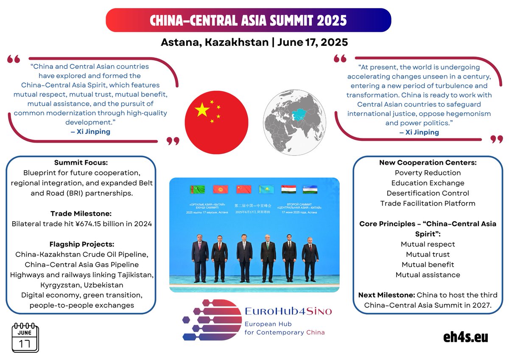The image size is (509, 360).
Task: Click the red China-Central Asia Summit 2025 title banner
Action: [x=248, y=20]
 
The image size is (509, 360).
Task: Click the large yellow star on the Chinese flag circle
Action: [x=202, y=110]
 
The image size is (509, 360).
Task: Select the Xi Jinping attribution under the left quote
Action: [x=90, y=132]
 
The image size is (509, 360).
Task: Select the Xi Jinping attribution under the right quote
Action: [x=419, y=132]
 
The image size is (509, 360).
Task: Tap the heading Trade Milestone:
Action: [x=81, y=214]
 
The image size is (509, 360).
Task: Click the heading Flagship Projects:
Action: [x=81, y=245]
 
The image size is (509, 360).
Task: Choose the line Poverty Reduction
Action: [x=428, y=173]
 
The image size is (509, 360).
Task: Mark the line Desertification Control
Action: [x=428, y=193]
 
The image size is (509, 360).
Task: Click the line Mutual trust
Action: [x=428, y=254]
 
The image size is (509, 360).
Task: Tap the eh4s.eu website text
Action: [x=465, y=337]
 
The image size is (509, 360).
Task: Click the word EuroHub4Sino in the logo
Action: [x=288, y=311]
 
